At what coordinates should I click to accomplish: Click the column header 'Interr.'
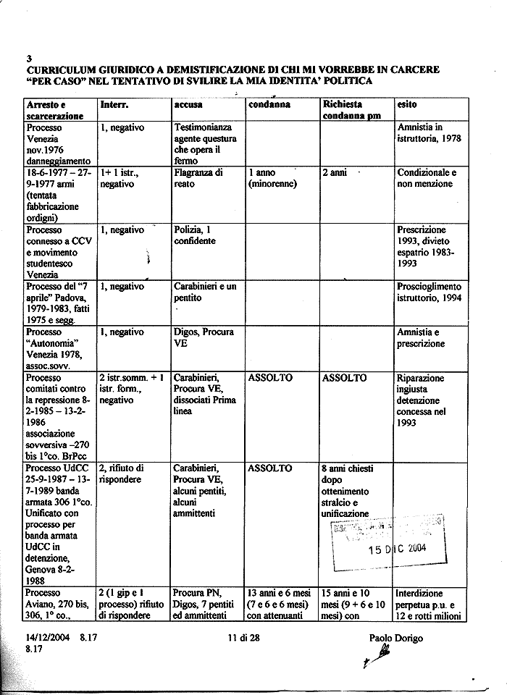pos(114,104)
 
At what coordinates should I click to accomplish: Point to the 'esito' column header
pos(407,104)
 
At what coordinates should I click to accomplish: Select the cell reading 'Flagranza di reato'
pos(198,178)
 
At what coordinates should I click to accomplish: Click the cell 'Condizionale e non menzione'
pos(427,178)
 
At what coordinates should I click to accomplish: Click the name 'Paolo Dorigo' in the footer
pos(396,638)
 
